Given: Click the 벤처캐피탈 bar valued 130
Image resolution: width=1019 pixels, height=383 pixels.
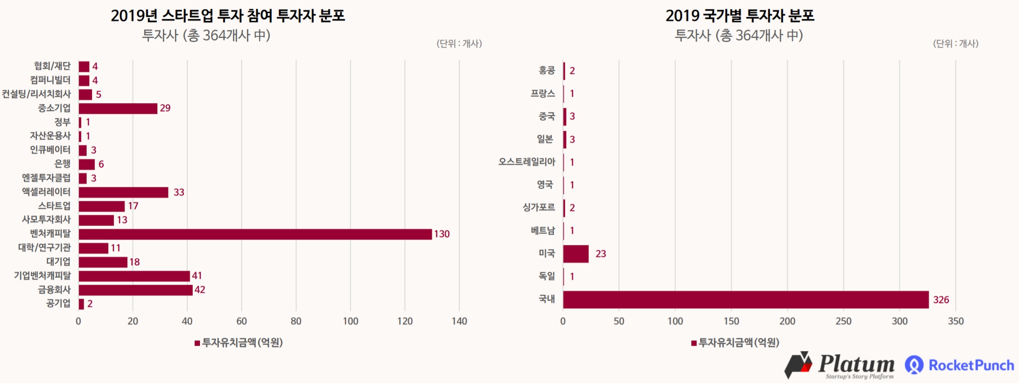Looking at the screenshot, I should click(x=255, y=234).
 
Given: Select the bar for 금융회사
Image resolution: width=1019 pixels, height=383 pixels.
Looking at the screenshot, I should click(x=136, y=290).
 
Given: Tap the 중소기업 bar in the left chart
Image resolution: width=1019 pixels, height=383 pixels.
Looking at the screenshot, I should click(x=118, y=108).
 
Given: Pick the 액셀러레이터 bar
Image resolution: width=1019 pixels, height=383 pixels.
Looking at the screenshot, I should click(x=123, y=192).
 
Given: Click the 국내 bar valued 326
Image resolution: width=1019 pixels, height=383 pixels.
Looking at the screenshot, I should click(x=745, y=300).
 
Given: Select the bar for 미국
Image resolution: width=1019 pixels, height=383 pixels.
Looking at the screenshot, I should click(x=576, y=254).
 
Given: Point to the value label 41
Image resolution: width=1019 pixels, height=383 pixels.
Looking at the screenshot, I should click(x=197, y=276).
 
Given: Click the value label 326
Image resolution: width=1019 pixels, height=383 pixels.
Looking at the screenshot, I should click(x=941, y=300).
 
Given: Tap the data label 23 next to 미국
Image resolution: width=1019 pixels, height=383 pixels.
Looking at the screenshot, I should click(x=600, y=254).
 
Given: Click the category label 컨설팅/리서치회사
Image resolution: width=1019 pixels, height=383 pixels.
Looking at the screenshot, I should click(x=36, y=94).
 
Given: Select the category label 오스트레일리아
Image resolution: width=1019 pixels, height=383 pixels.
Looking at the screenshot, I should click(x=527, y=162).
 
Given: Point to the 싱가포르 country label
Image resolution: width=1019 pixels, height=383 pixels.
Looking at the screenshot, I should click(x=538, y=208).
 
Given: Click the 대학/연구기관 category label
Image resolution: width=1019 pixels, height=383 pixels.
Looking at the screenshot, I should click(x=45, y=248).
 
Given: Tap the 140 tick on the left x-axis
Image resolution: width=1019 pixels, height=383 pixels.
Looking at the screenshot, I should click(x=459, y=321).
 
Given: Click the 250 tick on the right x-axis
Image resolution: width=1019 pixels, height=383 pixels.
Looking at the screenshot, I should click(x=843, y=321).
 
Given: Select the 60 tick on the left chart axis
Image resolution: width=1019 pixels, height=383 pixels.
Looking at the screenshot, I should click(x=242, y=321).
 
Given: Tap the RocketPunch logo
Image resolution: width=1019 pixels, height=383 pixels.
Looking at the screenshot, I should click(x=959, y=365).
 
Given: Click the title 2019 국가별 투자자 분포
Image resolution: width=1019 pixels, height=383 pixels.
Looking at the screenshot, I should click(x=740, y=16).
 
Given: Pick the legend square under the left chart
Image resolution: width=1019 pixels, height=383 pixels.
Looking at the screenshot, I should click(x=197, y=343).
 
